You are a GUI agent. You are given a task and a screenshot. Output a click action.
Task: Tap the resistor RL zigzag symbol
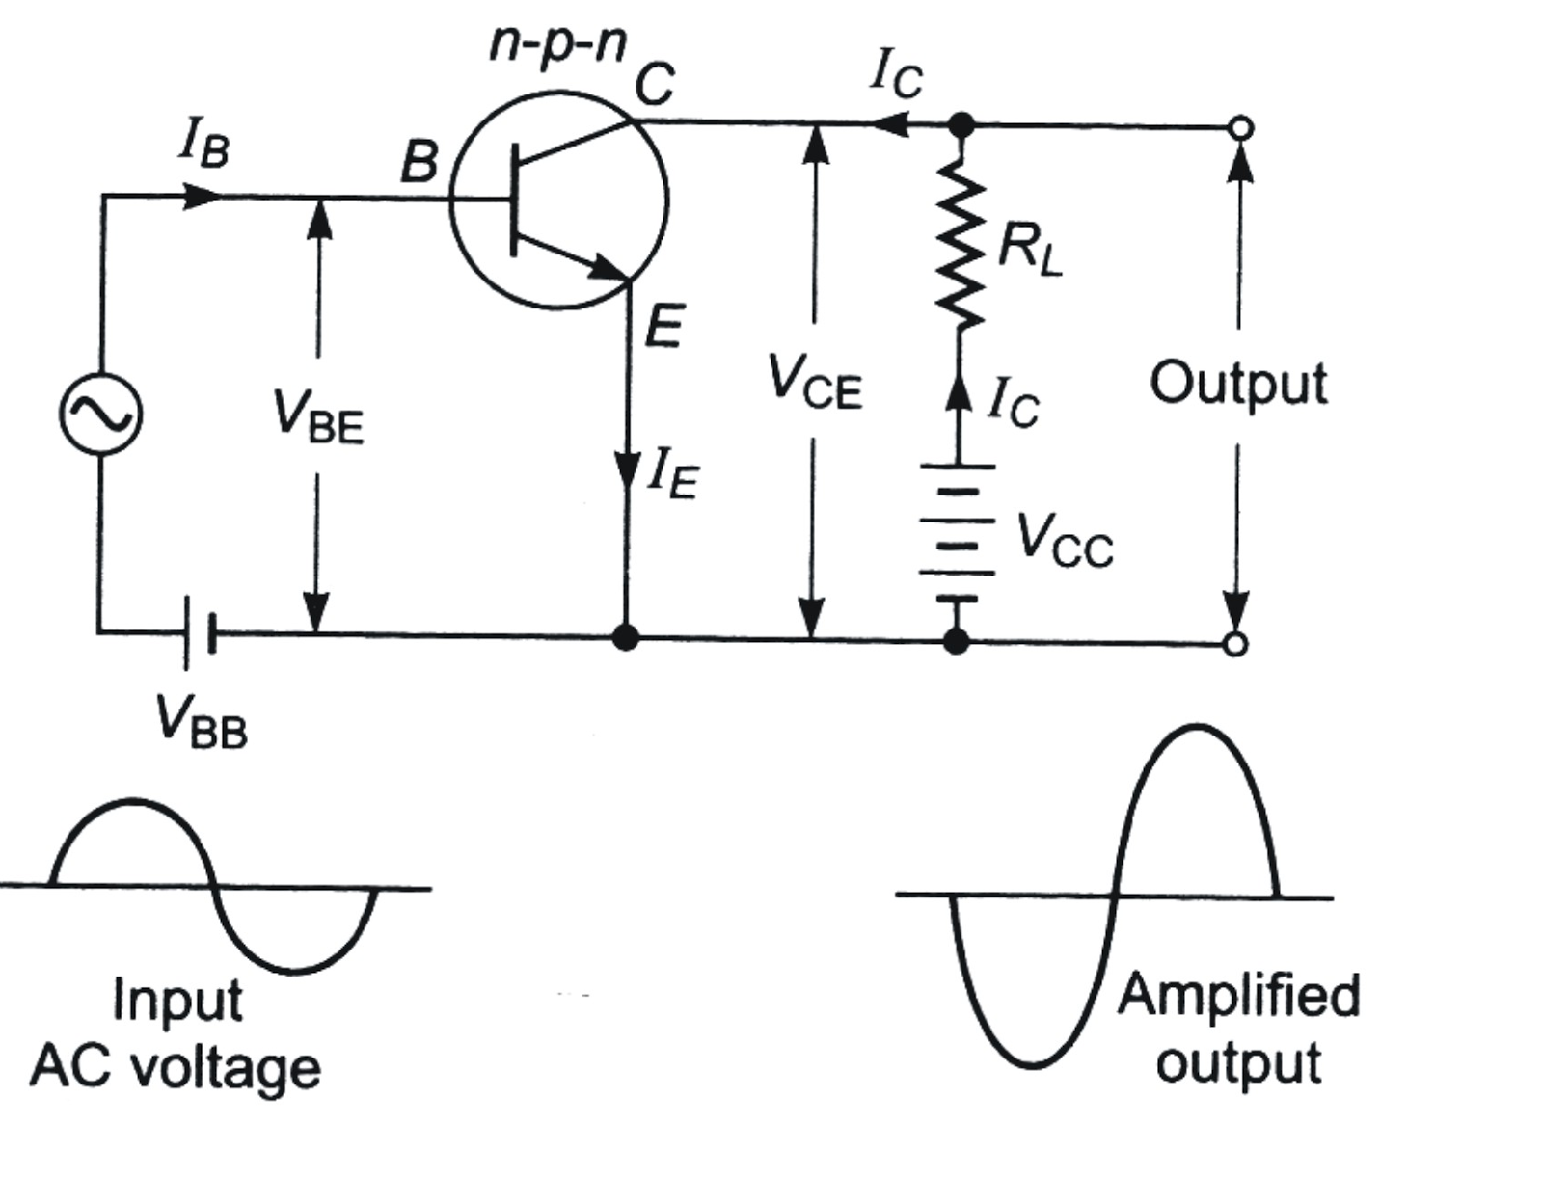(961, 248)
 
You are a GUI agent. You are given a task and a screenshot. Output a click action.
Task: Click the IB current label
(203, 145)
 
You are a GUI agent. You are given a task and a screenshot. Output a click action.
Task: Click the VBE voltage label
(318, 416)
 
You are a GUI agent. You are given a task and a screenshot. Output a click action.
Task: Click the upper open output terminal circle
(1242, 127)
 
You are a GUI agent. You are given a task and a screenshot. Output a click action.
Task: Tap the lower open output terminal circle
(1235, 644)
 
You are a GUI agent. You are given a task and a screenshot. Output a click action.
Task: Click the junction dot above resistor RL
(961, 124)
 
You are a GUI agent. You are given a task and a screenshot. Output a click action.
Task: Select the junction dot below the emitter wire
(626, 637)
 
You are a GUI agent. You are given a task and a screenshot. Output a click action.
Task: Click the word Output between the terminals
(1237, 384)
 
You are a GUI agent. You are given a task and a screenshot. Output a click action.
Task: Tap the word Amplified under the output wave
(1238, 995)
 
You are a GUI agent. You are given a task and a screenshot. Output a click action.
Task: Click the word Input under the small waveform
(177, 1001)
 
